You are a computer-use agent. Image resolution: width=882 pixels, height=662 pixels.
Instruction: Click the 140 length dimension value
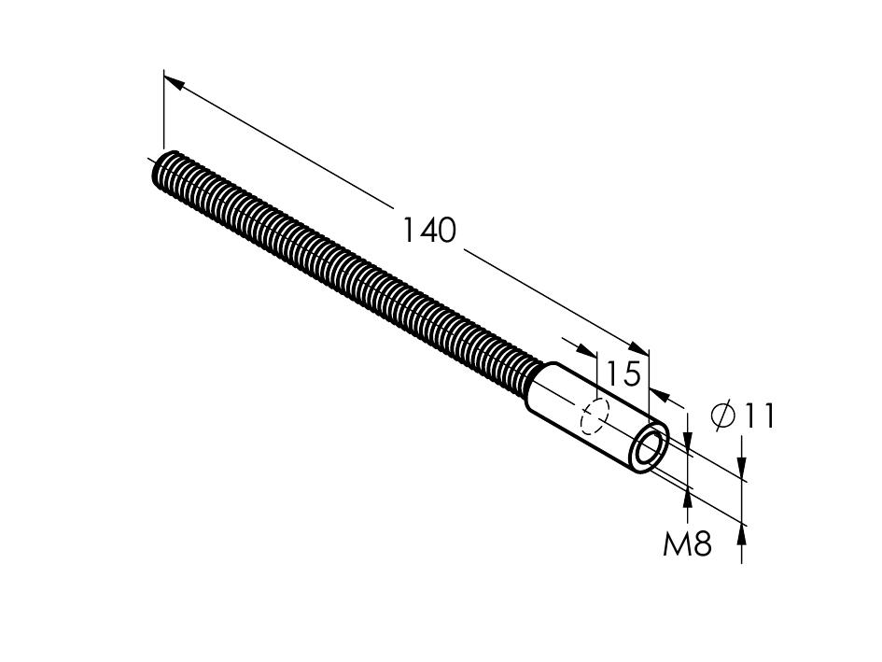pyautogui.click(x=429, y=231)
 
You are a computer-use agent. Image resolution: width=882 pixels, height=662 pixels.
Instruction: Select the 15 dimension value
pyautogui.click(x=623, y=373)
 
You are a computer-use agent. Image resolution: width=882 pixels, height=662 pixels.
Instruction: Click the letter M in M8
pyautogui.click(x=675, y=543)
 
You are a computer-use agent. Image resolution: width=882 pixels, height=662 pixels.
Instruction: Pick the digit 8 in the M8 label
pyautogui.click(x=702, y=543)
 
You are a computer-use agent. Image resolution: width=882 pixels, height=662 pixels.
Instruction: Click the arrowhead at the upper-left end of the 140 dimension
pyautogui.click(x=175, y=83)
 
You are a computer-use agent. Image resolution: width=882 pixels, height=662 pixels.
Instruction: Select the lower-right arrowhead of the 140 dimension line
pyautogui.click(x=638, y=348)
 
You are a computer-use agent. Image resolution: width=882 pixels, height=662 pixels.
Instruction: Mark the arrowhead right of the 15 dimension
pyautogui.click(x=659, y=395)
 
